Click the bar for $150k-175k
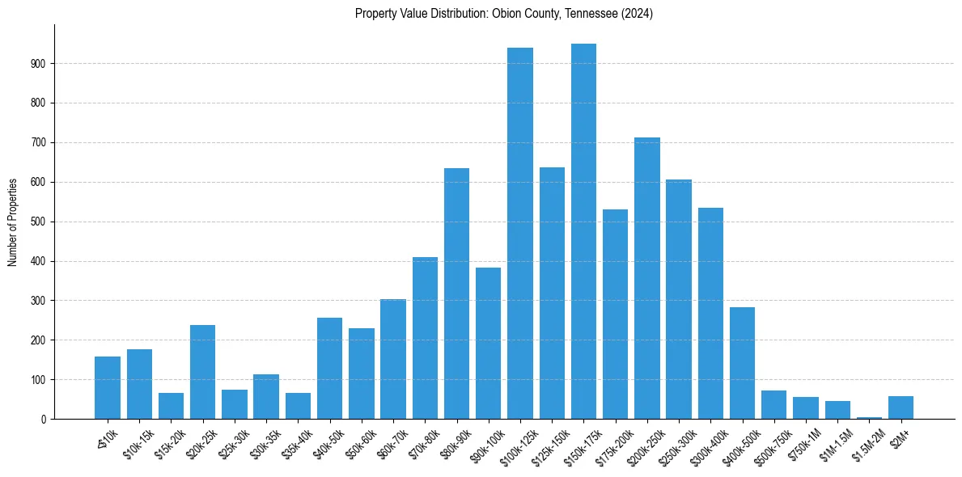(583, 231)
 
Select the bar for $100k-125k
(520, 234)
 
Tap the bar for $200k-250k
(647, 278)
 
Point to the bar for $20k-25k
(202, 372)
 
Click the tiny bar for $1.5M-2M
(869, 417)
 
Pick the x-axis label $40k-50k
(327, 441)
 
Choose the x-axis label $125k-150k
(549, 442)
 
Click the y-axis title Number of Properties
(13, 222)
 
